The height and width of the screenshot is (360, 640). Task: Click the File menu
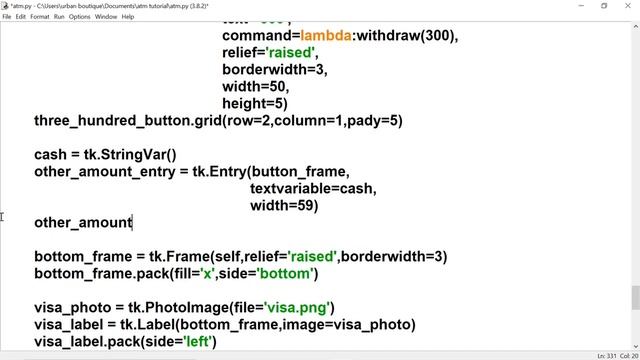[7, 17]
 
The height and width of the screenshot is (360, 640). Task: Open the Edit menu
[21, 17]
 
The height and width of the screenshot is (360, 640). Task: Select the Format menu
[40, 17]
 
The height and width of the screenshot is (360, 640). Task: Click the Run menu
[59, 17]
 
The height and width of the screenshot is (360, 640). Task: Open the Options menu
[80, 17]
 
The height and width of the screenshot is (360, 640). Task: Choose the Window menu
[106, 17]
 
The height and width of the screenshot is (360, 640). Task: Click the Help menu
[128, 17]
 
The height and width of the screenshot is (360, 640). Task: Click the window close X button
[627, 6]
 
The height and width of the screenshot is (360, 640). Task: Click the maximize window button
[604, 6]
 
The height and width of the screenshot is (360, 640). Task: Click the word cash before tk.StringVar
[50, 154]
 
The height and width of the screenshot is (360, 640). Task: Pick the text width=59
[284, 205]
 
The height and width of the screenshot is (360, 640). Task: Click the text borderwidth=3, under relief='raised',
[274, 69]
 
